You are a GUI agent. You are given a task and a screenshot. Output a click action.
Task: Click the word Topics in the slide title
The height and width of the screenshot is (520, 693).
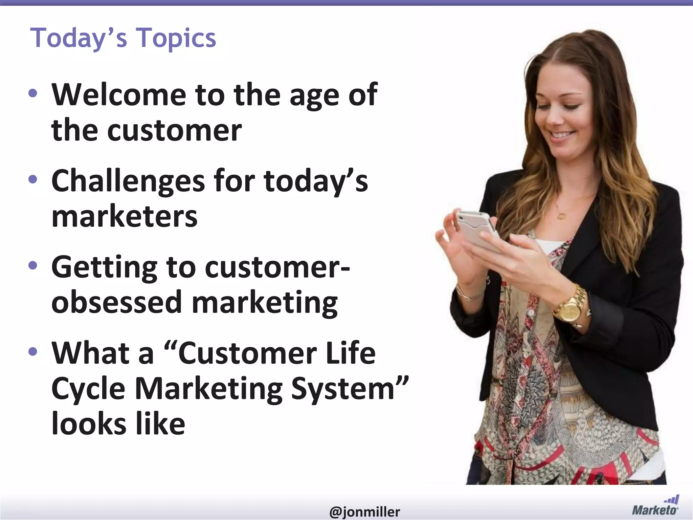point(176,38)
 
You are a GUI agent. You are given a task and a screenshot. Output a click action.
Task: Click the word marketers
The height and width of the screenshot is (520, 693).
point(124,216)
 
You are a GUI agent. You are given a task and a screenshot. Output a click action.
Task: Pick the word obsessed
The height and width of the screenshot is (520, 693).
point(117,302)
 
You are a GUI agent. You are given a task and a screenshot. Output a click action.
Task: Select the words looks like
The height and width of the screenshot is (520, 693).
point(118,424)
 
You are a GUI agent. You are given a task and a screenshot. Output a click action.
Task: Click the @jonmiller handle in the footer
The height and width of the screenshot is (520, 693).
point(364,512)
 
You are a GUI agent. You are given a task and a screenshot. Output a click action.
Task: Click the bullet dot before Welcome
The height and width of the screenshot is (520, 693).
point(33,93)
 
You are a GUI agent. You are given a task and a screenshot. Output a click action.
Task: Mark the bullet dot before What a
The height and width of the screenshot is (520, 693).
point(33,351)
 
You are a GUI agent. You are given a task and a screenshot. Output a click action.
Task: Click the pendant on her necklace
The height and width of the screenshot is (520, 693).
point(561,216)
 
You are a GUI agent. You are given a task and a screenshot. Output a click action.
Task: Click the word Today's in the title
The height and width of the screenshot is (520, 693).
point(79,38)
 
